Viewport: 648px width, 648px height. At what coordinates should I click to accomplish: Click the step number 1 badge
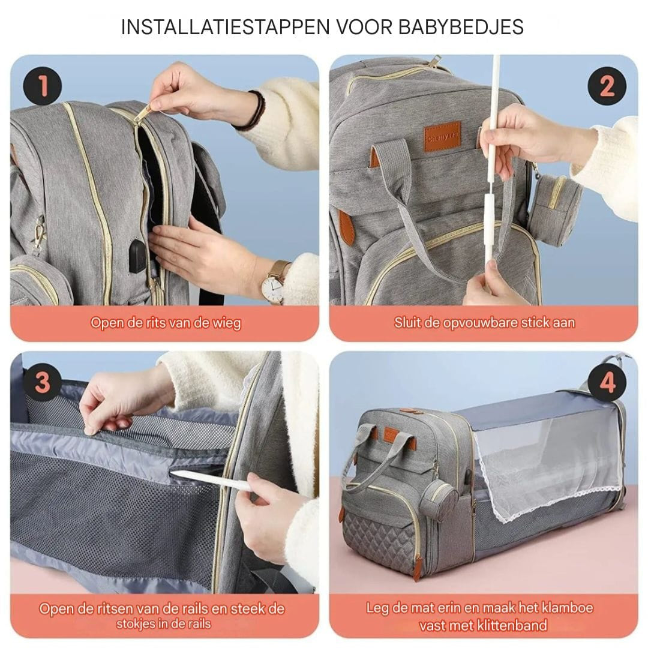pyautogui.click(x=42, y=87)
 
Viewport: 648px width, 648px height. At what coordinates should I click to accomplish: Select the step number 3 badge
pyautogui.click(x=42, y=383)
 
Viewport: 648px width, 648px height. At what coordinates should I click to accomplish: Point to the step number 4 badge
pyautogui.click(x=607, y=383)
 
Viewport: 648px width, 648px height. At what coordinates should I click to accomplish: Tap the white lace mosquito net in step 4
pyautogui.click(x=540, y=474)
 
